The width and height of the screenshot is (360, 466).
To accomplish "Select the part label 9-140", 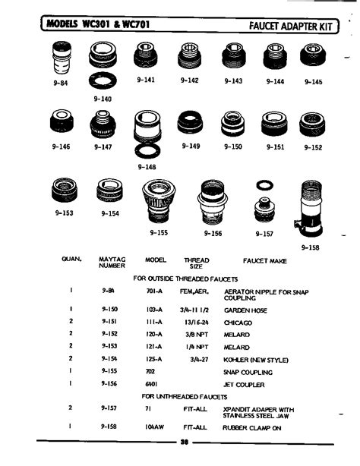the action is pyautogui.click(x=103, y=99).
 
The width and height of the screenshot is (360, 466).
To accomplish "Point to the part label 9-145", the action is pyautogui.click(x=312, y=82).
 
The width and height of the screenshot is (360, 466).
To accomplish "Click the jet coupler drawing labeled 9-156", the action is pyautogui.click(x=213, y=203).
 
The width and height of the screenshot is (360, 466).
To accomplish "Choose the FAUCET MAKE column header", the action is pyautogui.click(x=264, y=260).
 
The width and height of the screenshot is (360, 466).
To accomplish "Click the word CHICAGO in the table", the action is pyautogui.click(x=239, y=321).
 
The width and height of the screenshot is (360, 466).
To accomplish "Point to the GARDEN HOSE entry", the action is pyautogui.click(x=245, y=310).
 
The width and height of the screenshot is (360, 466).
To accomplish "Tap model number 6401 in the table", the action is pyautogui.click(x=150, y=384).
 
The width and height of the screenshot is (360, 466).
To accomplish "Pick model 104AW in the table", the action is pyautogui.click(x=155, y=427).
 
